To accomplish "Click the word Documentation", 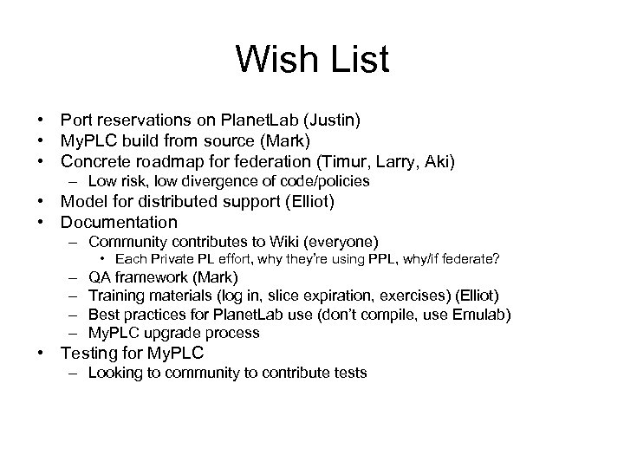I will (x=124, y=223).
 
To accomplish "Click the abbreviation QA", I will (x=100, y=278).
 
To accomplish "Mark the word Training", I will (x=117, y=296).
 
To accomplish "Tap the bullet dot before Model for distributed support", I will (x=42, y=203).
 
